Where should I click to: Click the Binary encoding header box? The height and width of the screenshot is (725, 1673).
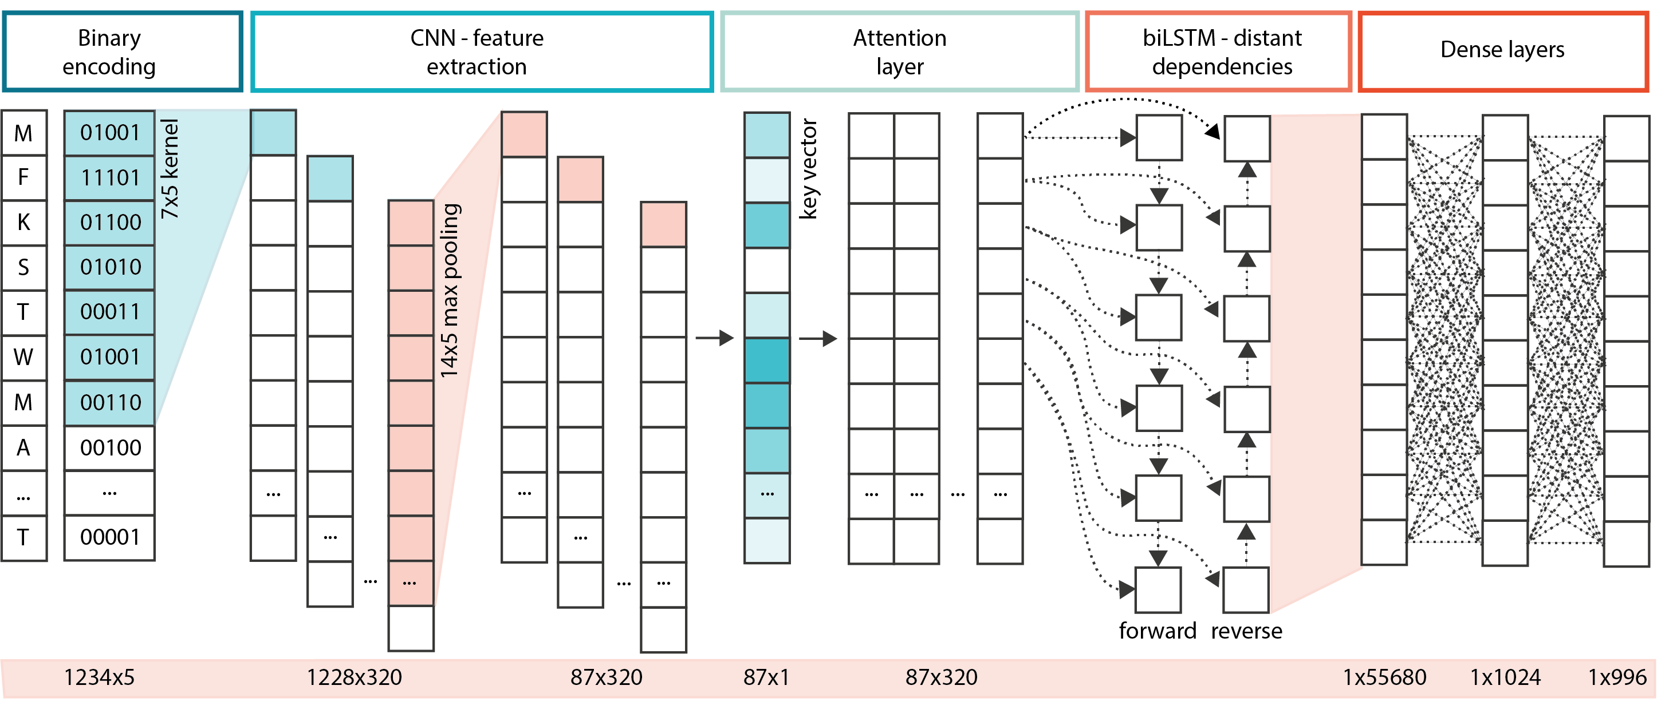point(122,52)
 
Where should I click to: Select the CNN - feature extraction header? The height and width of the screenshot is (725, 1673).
point(481,52)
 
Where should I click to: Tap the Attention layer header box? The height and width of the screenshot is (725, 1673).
point(899,52)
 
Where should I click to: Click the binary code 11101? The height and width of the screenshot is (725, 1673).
point(110,178)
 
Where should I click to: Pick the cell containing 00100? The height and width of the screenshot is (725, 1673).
point(110,448)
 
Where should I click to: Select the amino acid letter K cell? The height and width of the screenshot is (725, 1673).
point(24,223)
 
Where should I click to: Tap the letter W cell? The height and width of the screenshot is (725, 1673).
point(24,358)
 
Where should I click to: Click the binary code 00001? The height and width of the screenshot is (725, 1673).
point(110,537)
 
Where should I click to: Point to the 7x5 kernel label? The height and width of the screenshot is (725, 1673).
point(170,169)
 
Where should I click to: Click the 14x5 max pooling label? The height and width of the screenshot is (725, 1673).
point(450,291)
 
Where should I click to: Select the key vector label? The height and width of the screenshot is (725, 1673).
point(809,169)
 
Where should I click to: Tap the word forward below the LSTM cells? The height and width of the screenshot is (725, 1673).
point(1157,631)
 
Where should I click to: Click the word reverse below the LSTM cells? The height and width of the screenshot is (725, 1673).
point(1246,631)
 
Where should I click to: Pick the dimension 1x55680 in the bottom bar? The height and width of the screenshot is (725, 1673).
point(1384,678)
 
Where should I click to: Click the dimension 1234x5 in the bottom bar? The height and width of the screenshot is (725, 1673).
point(99,678)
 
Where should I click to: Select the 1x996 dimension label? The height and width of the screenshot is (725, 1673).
point(1616,678)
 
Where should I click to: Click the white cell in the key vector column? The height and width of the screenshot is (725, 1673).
point(767,271)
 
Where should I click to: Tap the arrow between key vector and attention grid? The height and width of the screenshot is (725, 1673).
point(818,338)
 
